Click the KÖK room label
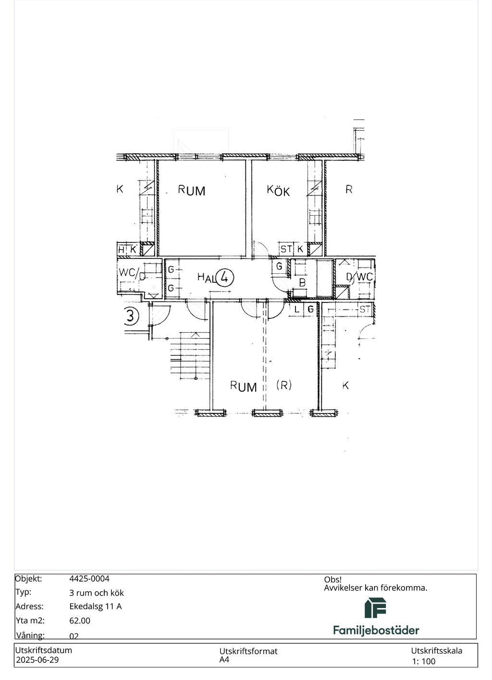(278, 191)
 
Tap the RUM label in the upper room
(192, 190)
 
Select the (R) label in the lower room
(283, 385)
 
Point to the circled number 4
(225, 278)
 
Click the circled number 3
(131, 316)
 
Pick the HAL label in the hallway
(206, 277)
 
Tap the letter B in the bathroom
(302, 282)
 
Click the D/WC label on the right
(359, 277)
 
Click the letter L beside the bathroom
(297, 310)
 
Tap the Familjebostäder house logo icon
(375, 608)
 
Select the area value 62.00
(80, 620)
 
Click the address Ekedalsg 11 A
(95, 606)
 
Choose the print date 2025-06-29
(37, 660)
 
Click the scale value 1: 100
(423, 661)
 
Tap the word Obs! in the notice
(332, 580)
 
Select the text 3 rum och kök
(97, 593)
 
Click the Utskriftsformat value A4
(224, 660)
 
